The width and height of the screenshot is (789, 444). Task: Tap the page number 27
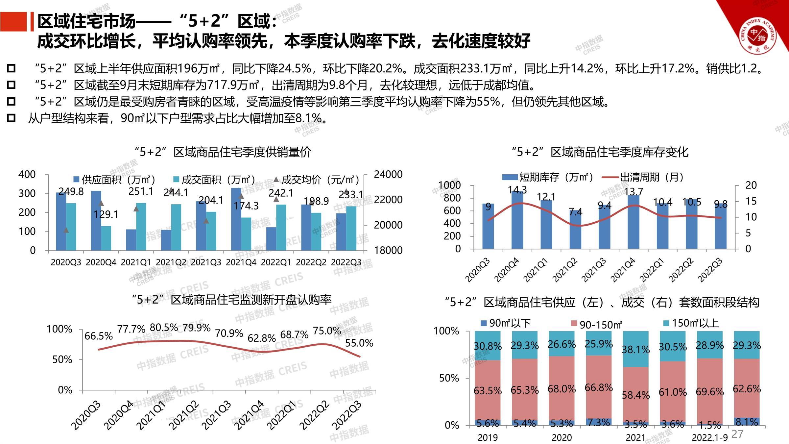coord(737,434)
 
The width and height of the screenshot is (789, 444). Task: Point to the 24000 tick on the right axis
coord(388,174)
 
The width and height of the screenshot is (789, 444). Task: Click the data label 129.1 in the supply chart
coord(106,214)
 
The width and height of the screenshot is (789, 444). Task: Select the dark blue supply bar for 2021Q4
coord(236,219)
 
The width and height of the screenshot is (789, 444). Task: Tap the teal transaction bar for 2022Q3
coord(351,228)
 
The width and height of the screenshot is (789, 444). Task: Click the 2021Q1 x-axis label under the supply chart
coord(136,262)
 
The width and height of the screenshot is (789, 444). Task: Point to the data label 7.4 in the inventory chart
coord(575,212)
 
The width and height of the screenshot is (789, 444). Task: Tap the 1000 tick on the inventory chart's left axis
coord(449,185)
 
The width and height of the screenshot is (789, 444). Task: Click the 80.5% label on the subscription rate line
coord(164,328)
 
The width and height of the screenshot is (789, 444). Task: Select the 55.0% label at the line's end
coord(359,343)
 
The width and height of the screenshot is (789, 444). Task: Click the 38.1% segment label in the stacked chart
coord(635,349)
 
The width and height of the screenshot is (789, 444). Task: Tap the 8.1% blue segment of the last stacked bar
coord(747,422)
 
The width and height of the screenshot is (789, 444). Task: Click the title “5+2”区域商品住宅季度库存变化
coord(600,152)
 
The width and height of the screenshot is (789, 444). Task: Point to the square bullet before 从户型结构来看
coord(11,118)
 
